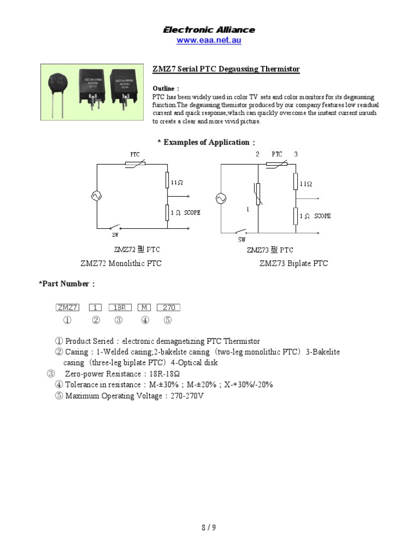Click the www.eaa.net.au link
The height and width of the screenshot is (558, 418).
pyautogui.click(x=209, y=40)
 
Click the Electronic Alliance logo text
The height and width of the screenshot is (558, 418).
pyautogui.click(x=209, y=30)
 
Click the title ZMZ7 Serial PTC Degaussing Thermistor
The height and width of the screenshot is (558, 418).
pyautogui.click(x=226, y=69)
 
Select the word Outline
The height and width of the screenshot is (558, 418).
pyautogui.click(x=163, y=88)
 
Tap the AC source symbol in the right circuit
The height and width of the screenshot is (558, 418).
pyautogui.click(x=222, y=199)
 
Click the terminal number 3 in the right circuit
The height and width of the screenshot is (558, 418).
pyautogui.click(x=296, y=154)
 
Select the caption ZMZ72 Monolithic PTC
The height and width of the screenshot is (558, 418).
pyautogui.click(x=121, y=263)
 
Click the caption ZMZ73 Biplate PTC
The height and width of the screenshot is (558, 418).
pyautogui.click(x=293, y=263)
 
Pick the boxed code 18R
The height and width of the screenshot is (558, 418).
pyautogui.click(x=118, y=307)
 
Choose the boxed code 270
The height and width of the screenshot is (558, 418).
pyautogui.click(x=168, y=307)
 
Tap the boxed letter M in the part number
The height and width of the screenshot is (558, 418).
pyautogui.click(x=144, y=307)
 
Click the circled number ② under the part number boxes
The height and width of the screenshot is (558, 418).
pyautogui.click(x=96, y=320)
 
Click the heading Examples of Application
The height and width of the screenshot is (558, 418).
pyautogui.click(x=206, y=142)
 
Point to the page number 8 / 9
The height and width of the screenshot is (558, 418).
pyautogui.click(x=208, y=527)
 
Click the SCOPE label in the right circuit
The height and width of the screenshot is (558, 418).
pyautogui.click(x=322, y=216)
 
